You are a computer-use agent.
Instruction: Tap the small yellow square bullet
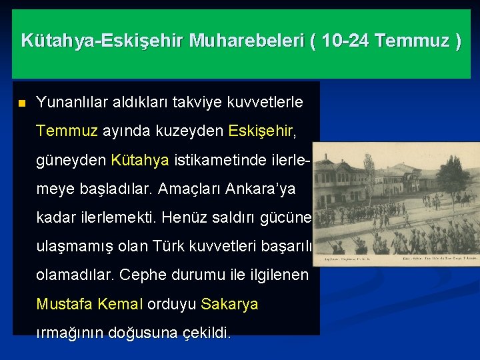pos(21,104)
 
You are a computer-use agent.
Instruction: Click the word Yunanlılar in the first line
pos(69,103)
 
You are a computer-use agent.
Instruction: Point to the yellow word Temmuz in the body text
pos(67,131)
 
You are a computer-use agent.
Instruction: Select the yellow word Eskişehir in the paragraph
pos(260,131)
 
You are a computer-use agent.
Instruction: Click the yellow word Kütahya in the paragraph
pos(140,161)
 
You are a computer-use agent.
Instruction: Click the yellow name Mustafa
pos(64,304)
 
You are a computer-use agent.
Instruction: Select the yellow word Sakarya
pos(229,304)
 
